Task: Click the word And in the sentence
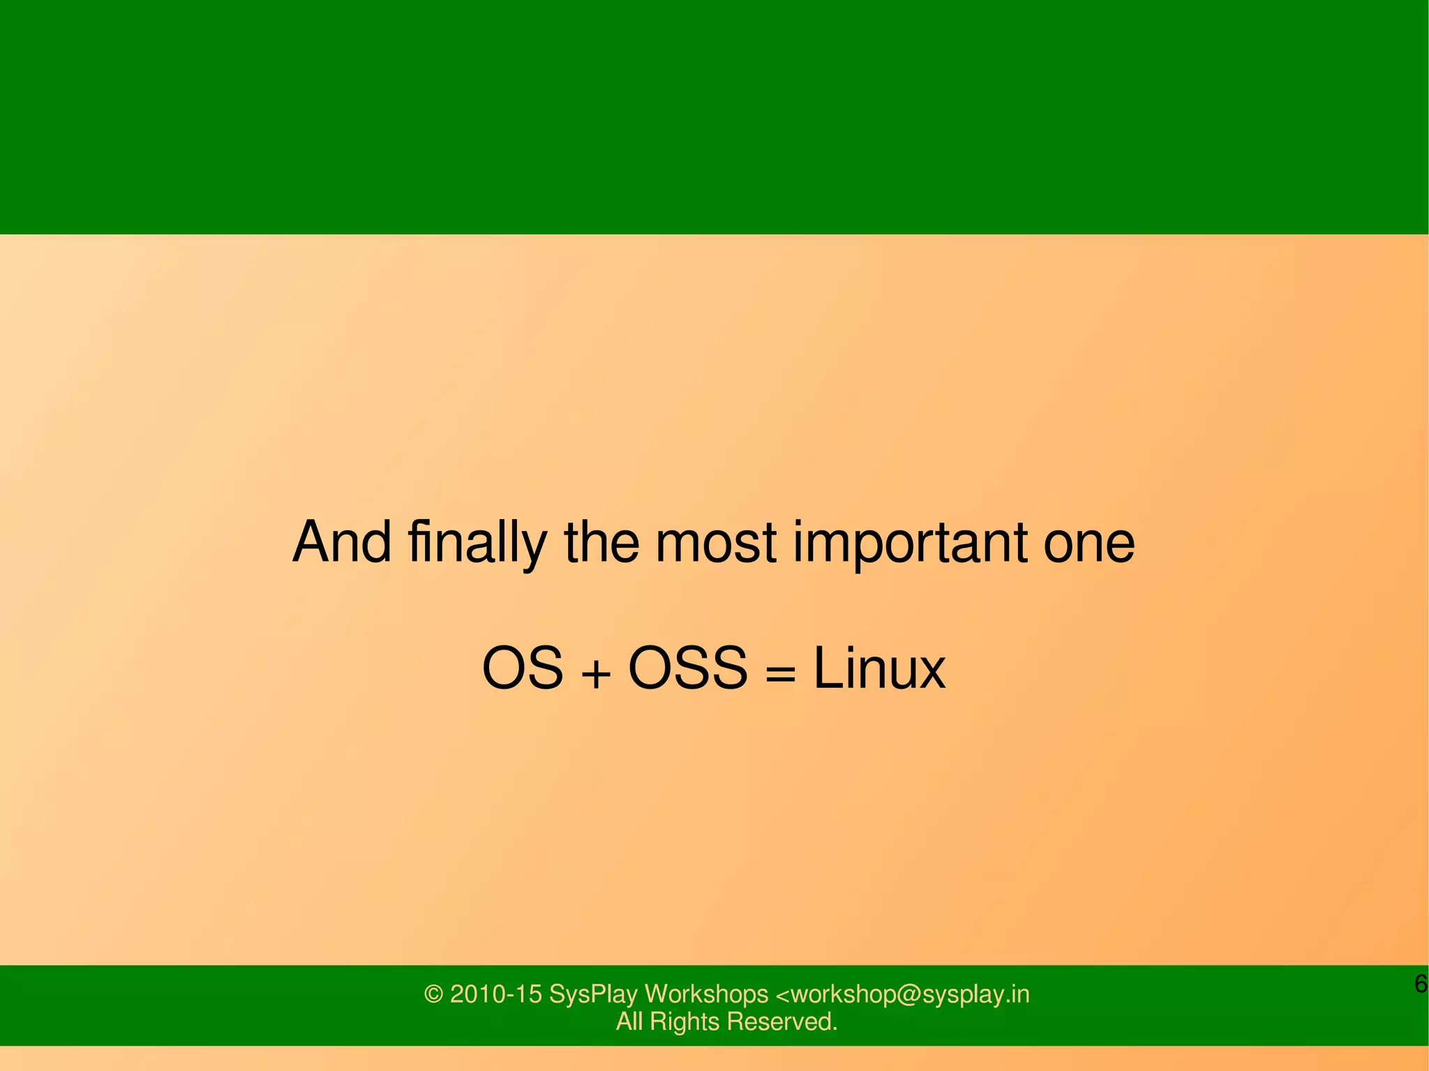(341, 542)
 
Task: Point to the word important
(909, 544)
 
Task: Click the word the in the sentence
(601, 542)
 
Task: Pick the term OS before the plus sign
(522, 668)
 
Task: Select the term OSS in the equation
(688, 668)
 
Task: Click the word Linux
(879, 668)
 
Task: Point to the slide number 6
(1420, 984)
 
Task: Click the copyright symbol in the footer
(433, 994)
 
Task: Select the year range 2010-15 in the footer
(495, 994)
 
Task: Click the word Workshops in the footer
(705, 994)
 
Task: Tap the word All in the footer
(629, 1022)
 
